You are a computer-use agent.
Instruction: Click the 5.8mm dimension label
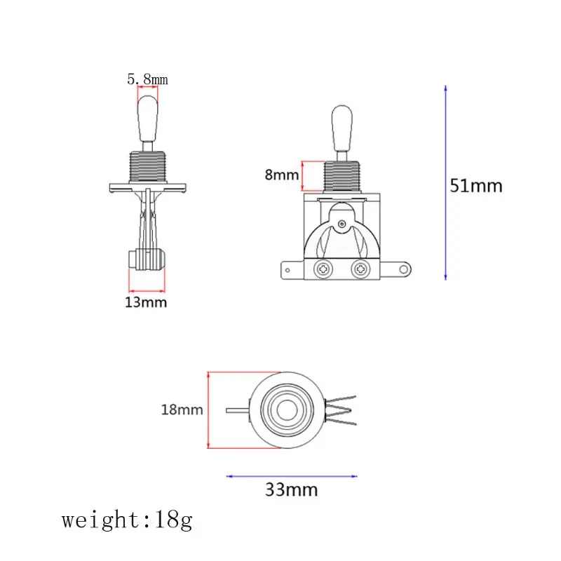tap(147, 79)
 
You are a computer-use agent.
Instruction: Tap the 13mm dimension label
tap(146, 303)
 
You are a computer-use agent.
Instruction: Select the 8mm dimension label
tap(282, 175)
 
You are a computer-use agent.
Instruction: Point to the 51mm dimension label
tap(476, 186)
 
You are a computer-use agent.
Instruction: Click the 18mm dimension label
tap(182, 410)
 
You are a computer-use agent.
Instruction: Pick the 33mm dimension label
tap(291, 489)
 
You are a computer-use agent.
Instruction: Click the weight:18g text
tap(128, 520)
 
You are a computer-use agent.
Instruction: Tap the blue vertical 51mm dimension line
tap(445, 182)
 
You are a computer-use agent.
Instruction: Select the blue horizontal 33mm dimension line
tap(292, 476)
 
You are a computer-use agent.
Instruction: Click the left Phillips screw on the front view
tap(323, 269)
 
